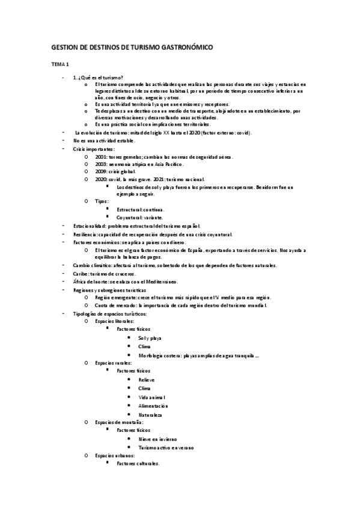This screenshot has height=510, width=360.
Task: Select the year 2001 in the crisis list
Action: [x=101, y=156]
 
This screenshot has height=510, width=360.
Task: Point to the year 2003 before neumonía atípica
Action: [x=101, y=164]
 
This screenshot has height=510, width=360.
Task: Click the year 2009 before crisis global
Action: [x=101, y=171]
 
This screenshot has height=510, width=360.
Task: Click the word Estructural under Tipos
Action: [x=130, y=209]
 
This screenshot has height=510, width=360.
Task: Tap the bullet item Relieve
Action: [x=147, y=381]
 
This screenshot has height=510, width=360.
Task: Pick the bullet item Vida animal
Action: [x=152, y=398]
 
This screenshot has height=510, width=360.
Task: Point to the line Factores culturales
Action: [x=138, y=464]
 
